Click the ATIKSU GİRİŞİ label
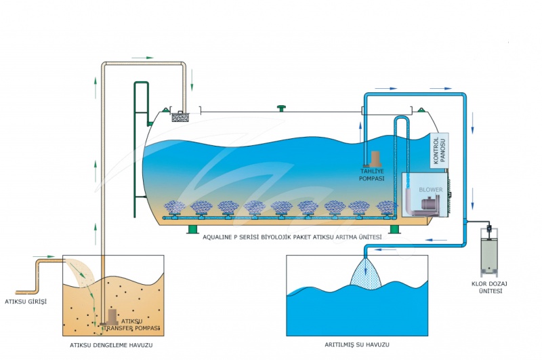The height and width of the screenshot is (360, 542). click(26, 302)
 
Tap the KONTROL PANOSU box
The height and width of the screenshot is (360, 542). click(440, 151)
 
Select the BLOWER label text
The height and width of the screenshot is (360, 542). click(431, 190)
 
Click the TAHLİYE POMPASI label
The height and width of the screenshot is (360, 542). click(371, 175)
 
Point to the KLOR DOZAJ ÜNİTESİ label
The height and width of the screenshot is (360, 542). click(490, 287)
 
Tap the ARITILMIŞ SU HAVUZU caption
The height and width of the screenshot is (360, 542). click(357, 345)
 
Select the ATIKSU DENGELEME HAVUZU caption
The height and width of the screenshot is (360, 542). click(111, 345)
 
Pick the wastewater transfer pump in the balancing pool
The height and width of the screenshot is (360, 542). click(111, 317)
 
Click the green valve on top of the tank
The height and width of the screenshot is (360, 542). click(282, 108)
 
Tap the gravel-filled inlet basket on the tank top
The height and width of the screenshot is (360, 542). click(180, 117)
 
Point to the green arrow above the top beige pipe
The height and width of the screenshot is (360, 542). click(142, 58)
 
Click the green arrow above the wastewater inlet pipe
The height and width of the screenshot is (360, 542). click(44, 256)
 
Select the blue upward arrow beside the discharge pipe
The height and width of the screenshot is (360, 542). click(360, 132)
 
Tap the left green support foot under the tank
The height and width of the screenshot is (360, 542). click(192, 229)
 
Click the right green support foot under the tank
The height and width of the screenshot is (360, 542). click(395, 229)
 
